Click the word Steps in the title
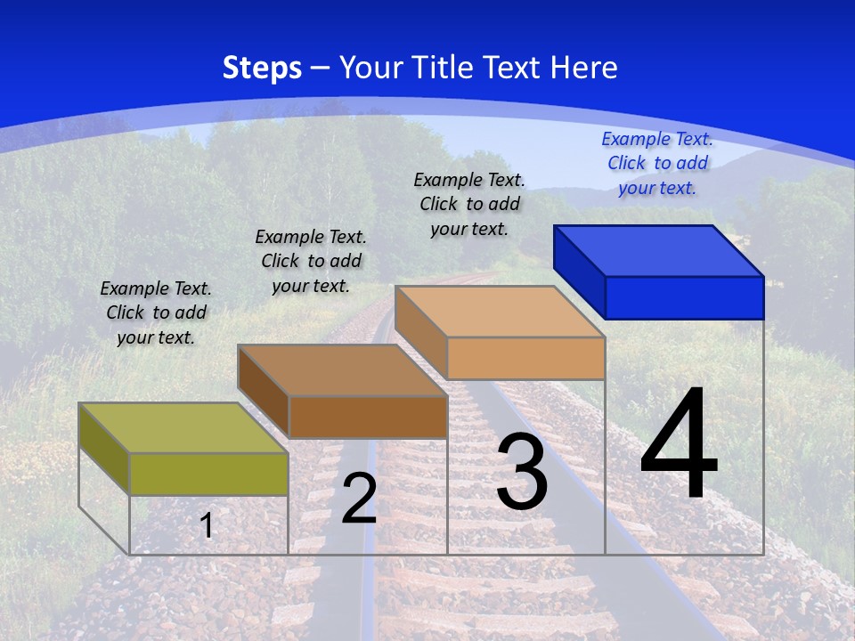pyautogui.click(x=262, y=68)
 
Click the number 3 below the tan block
pyautogui.click(x=522, y=472)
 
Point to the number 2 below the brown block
pyautogui.click(x=359, y=499)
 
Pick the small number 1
pyautogui.click(x=207, y=526)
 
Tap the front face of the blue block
pyautogui.click(x=684, y=297)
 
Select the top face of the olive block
pyautogui.click(x=183, y=428)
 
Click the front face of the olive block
pyautogui.click(x=208, y=474)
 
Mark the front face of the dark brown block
pyautogui.click(x=368, y=417)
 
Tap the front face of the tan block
pyautogui.click(x=525, y=358)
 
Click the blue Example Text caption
pyautogui.click(x=657, y=163)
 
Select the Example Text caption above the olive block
pyautogui.click(x=156, y=312)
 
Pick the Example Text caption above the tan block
pyautogui.click(x=469, y=204)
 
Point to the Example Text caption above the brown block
pyautogui.click(x=311, y=261)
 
